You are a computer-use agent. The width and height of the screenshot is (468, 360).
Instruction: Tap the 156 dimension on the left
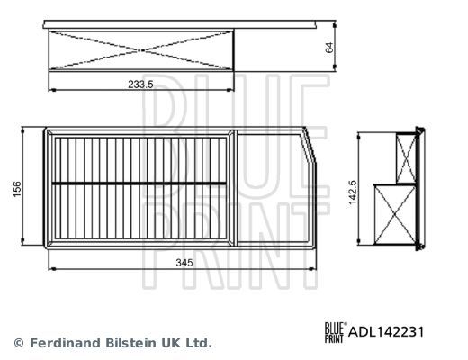17,190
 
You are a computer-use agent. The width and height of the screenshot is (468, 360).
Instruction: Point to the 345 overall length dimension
183,262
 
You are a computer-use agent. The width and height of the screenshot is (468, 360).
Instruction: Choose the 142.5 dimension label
353,192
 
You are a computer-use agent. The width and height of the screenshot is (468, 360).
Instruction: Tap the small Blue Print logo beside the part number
333,332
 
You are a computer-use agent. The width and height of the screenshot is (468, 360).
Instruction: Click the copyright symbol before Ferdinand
18,343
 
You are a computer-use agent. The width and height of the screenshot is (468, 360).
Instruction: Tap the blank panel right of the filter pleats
274,189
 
